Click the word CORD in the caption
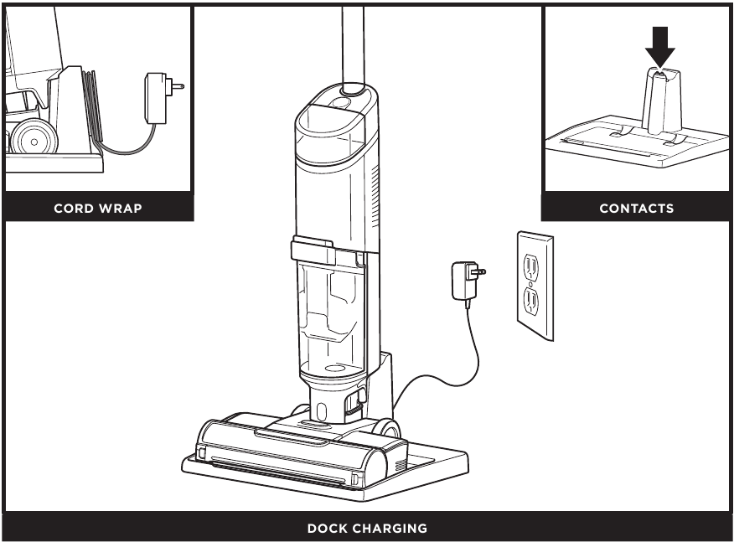[x=71, y=209]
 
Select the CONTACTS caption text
[x=637, y=209]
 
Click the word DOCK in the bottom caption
[x=326, y=529]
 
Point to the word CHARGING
[x=389, y=529]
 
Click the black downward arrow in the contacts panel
[x=660, y=47]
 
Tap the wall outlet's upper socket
[x=530, y=266]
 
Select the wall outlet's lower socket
[x=530, y=301]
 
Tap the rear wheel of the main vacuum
[x=386, y=428]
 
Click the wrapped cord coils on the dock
[x=90, y=106]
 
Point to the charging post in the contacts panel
[x=661, y=100]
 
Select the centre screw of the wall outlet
[x=530, y=284]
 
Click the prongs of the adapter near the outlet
[x=480, y=271]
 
